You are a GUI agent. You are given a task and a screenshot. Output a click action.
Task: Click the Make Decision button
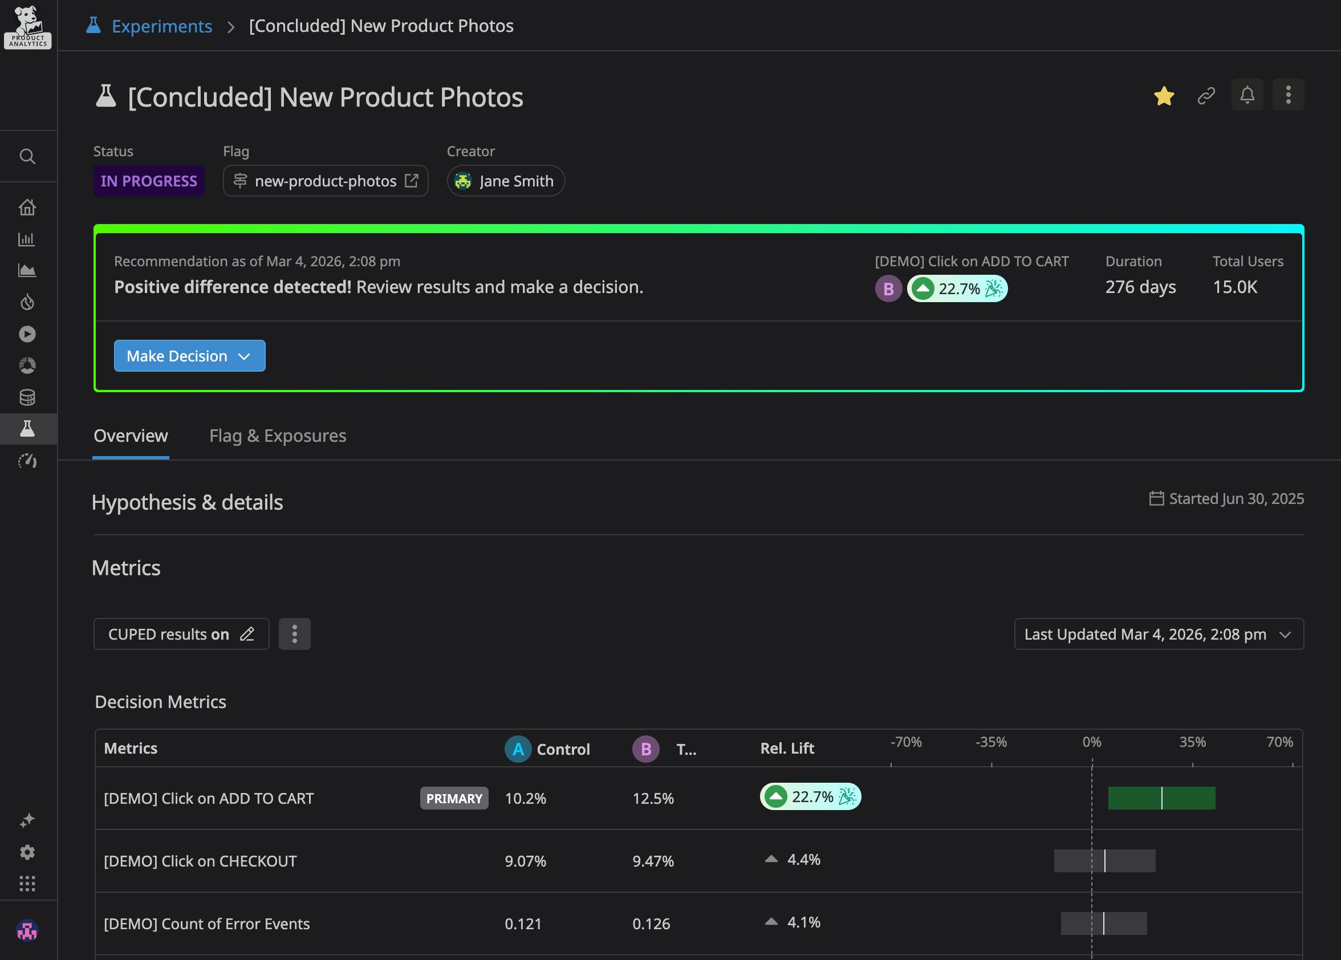[x=189, y=356]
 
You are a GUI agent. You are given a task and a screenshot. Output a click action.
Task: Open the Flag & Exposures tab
[x=277, y=436]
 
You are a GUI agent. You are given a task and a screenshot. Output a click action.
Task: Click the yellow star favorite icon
[x=1163, y=96]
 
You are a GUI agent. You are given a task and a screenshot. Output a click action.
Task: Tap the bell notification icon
[x=1247, y=95]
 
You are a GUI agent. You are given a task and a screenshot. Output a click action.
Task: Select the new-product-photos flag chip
[x=325, y=181]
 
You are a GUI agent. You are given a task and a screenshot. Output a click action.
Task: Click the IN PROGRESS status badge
[x=148, y=181]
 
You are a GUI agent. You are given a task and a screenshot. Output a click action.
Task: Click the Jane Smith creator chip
[x=506, y=181]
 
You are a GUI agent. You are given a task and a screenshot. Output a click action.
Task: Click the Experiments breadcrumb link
[x=161, y=26]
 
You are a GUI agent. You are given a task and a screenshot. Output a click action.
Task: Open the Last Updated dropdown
[x=1159, y=634]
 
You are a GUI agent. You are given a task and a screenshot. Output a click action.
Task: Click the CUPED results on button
[x=181, y=634]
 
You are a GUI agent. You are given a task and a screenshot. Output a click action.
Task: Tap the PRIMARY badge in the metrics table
[x=454, y=799]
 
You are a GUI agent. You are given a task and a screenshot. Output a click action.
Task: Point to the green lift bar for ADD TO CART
[x=1161, y=799]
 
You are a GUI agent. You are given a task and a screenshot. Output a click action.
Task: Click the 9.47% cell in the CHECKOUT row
[x=653, y=861]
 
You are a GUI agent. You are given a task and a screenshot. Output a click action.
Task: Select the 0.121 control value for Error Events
[x=523, y=924]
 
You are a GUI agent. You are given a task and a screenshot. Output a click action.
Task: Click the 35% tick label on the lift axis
[x=1192, y=742]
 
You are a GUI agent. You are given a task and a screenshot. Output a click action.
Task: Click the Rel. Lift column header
[x=786, y=749]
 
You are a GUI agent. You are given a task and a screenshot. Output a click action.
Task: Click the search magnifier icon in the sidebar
[x=27, y=157]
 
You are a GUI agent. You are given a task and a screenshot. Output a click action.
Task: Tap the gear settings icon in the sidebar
[x=27, y=852]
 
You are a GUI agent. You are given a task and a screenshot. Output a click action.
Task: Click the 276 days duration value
[x=1140, y=287]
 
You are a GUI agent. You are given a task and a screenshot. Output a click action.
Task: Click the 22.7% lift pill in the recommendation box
[x=957, y=289]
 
